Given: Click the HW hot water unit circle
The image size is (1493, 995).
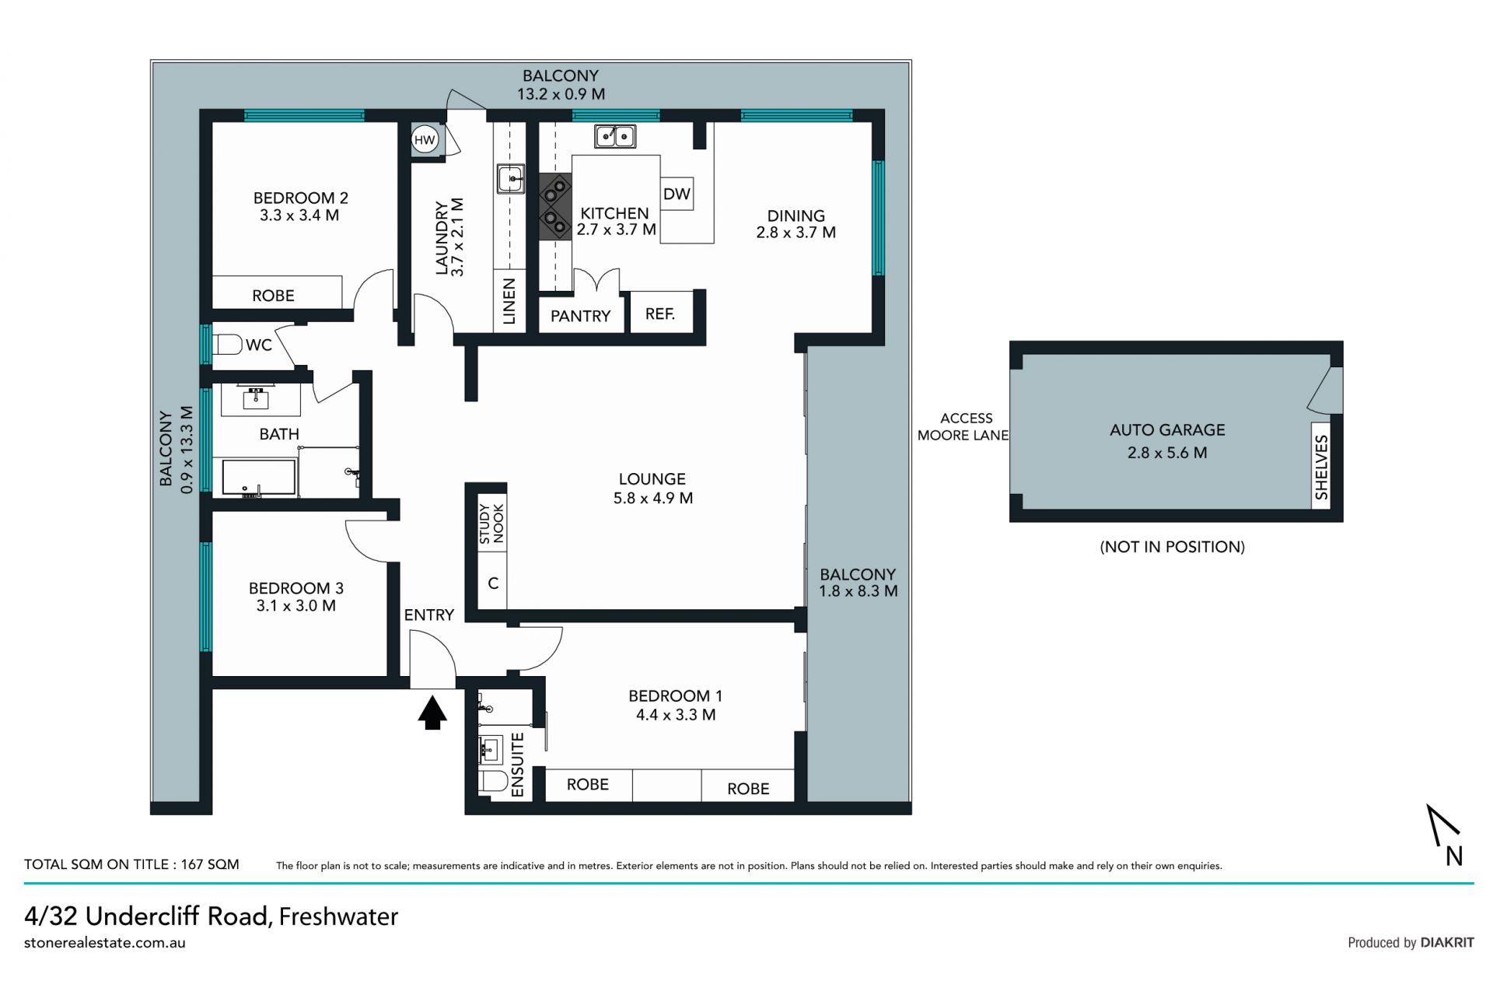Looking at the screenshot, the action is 425,140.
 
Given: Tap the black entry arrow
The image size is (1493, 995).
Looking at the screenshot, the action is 432,713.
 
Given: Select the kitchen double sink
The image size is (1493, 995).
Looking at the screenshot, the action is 615,136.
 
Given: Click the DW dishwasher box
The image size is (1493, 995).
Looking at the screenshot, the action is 677,194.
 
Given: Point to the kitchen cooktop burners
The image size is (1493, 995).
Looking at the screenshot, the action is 555,205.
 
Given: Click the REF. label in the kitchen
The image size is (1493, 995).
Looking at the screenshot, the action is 660,314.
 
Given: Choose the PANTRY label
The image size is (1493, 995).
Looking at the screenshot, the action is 581,316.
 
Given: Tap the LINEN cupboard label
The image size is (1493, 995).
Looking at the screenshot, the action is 509,301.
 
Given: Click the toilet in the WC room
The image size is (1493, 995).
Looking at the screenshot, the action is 226,344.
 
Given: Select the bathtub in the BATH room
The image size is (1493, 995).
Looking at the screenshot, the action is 259,478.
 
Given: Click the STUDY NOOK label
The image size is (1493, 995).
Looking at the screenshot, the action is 491,524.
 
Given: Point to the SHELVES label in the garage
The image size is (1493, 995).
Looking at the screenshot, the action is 1322,467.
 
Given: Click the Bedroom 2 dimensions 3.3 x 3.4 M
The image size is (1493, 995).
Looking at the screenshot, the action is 299,215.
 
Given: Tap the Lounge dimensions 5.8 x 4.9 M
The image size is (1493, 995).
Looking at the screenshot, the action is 653,498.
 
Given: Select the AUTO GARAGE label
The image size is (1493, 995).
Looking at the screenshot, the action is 1167,429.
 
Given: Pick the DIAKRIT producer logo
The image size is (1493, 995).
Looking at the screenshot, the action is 1447,942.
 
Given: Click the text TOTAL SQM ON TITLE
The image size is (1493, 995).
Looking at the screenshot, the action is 96,864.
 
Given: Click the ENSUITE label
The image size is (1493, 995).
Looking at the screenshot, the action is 518,765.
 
